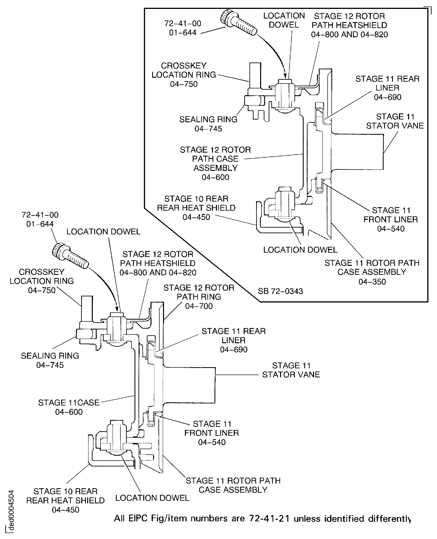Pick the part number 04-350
point(372,281)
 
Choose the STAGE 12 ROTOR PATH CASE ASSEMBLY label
point(215,163)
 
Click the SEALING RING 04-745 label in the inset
point(208,124)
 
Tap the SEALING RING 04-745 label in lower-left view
point(50,360)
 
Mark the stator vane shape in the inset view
point(357,152)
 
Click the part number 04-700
point(199,306)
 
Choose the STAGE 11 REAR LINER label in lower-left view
point(233,340)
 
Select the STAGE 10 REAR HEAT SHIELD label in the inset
point(196,208)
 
